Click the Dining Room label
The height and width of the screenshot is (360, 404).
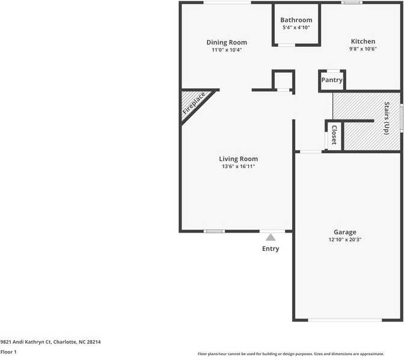coord(227,42)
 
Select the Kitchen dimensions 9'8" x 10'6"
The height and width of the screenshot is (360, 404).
coord(363,49)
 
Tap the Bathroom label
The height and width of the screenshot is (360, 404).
coord(296,20)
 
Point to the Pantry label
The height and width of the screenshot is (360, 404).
coord(332,80)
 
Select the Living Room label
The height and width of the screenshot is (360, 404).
coord(238,159)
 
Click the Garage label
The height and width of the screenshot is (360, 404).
coord(345,232)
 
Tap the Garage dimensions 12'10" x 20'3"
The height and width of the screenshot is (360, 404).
coord(345,239)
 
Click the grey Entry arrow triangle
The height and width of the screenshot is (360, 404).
coord(271,237)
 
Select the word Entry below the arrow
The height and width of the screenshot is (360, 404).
coord(271,249)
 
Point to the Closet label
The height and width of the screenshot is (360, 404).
coord(334,135)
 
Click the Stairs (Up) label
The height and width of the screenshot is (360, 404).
coord(387,118)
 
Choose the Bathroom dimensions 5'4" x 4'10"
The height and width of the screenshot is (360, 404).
coord(296,28)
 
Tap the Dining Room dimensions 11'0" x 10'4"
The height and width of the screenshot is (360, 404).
coord(227,50)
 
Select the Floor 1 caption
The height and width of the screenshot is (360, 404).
coord(8,352)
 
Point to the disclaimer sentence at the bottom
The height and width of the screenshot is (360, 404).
coord(291,354)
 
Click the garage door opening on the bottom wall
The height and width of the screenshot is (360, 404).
coord(345,320)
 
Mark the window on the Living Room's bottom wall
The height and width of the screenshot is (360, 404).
coord(214,231)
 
